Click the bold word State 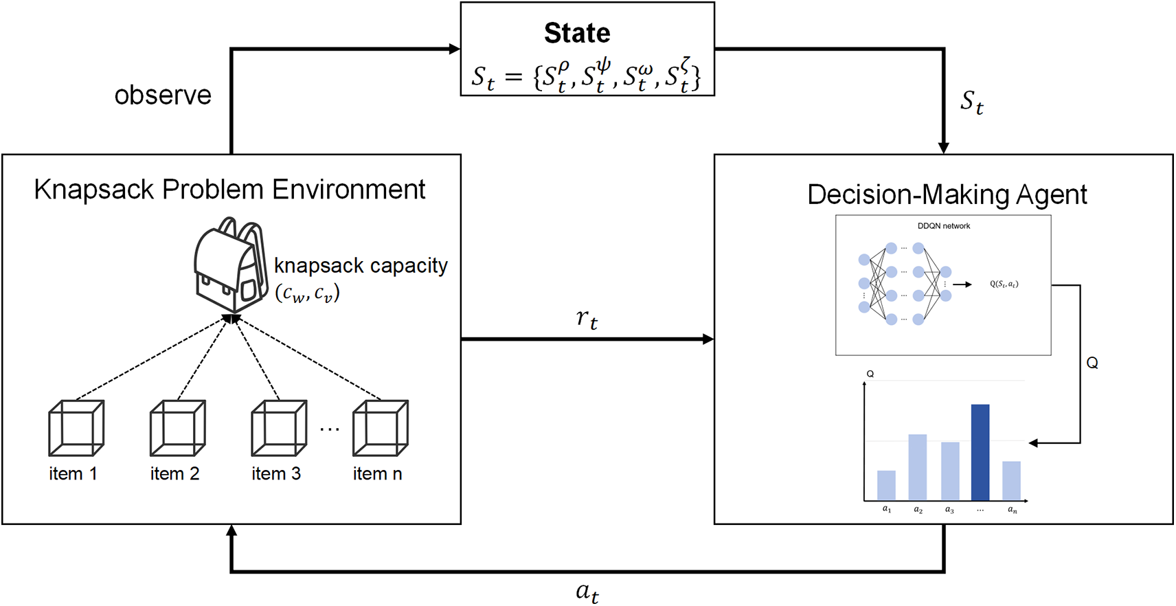click(577, 33)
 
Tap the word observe click(163, 96)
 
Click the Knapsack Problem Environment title click(229, 190)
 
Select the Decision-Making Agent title click(947, 195)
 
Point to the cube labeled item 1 click(76, 428)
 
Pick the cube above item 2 click(177, 428)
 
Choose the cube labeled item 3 click(279, 428)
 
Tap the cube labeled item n click(380, 428)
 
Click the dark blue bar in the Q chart click(980, 452)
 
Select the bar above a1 click(886, 485)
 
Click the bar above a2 click(918, 467)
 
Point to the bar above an click(1012, 481)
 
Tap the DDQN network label click(944, 226)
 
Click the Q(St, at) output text click(1004, 284)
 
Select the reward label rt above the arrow click(587, 318)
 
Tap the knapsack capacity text click(361, 266)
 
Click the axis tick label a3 click(950, 510)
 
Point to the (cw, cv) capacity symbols click(308, 293)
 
